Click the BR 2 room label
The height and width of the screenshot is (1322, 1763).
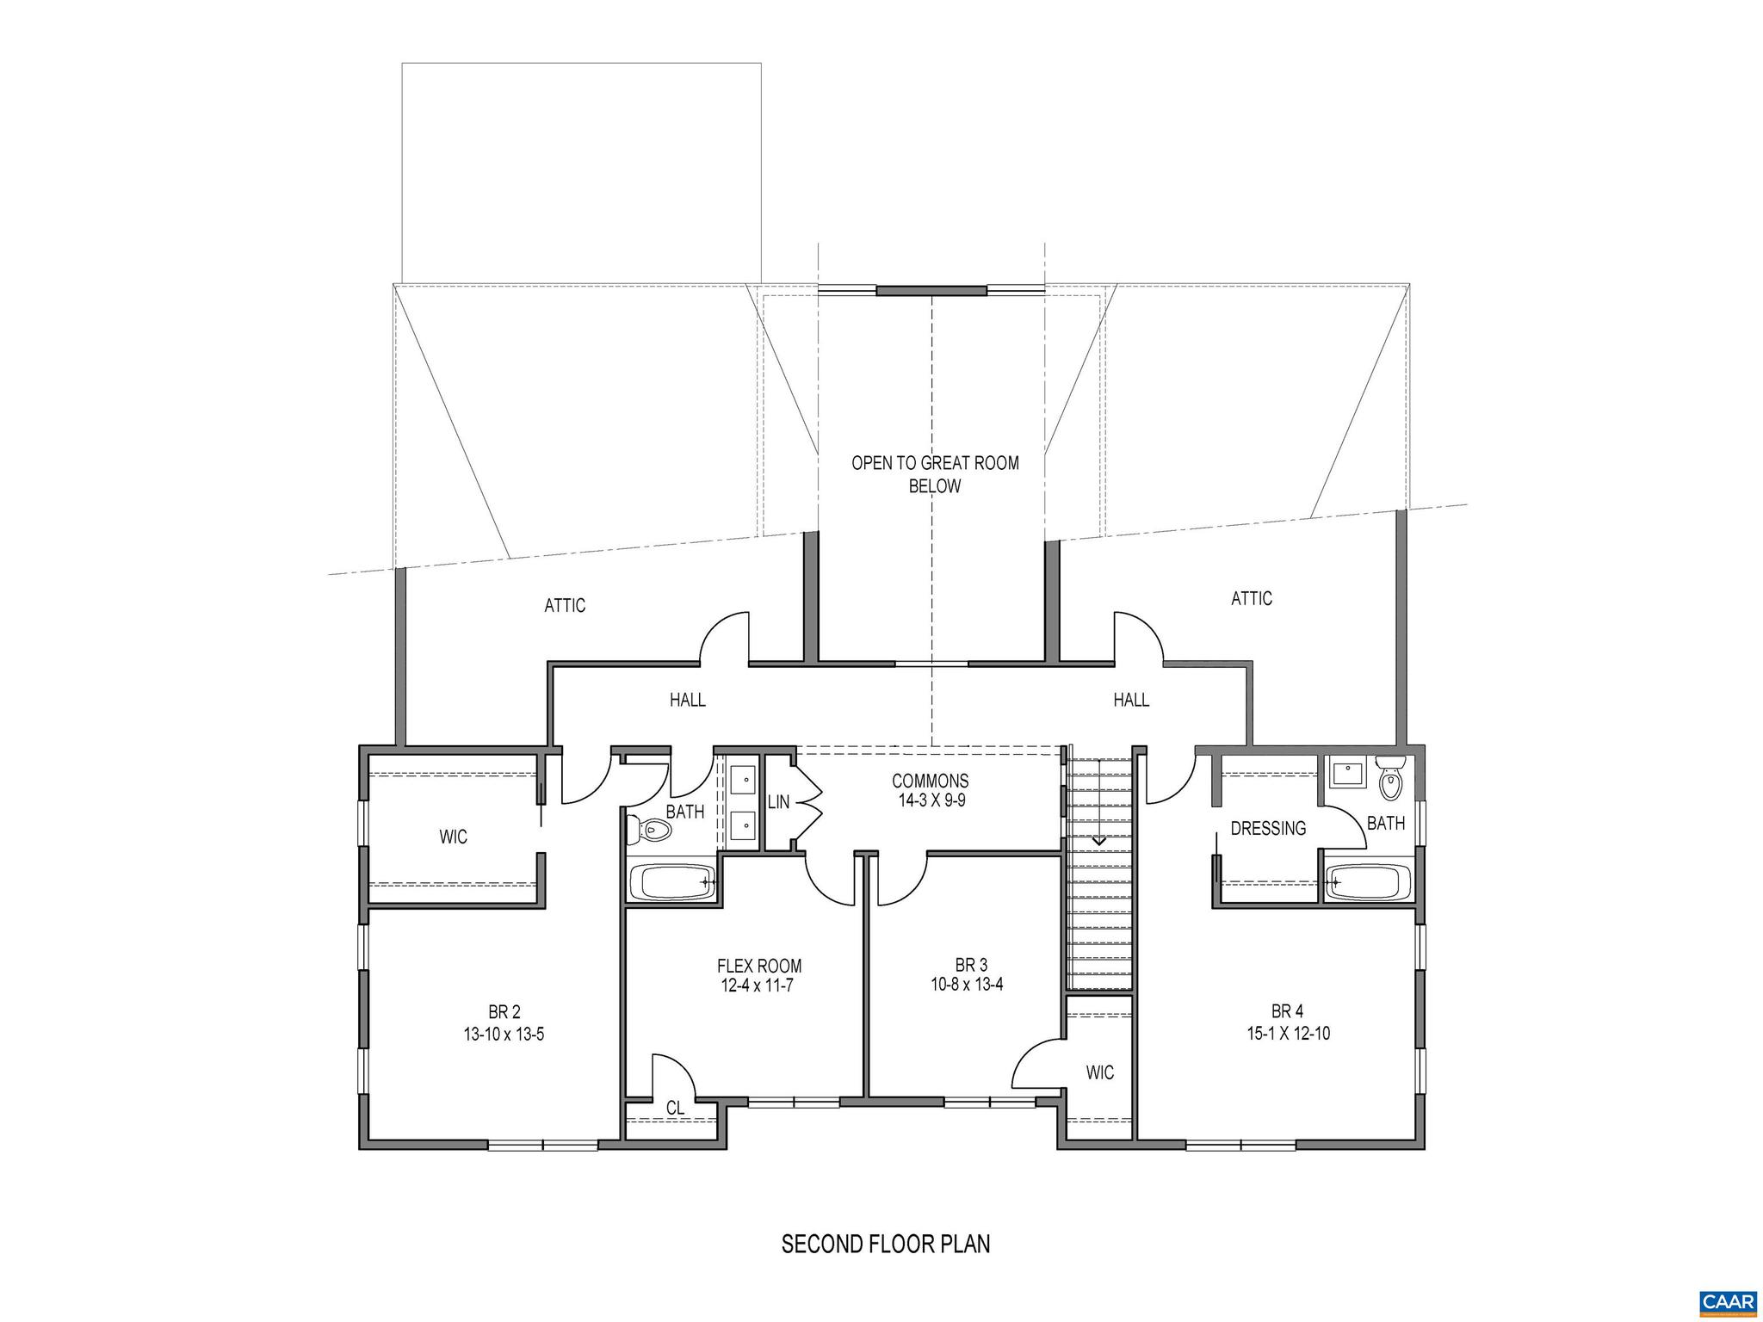[504, 1012]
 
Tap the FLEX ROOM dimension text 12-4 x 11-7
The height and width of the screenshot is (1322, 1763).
[757, 985]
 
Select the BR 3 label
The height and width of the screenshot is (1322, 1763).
[966, 963]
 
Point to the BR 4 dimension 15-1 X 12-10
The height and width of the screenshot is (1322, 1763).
[1288, 1034]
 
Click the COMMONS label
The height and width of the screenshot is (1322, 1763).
[930, 781]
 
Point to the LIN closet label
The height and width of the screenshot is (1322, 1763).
[778, 802]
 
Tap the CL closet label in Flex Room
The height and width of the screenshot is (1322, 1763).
[675, 1109]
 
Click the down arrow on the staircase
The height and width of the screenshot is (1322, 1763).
[1098, 837]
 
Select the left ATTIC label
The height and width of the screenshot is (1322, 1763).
[565, 606]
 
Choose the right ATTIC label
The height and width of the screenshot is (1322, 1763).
[1251, 598]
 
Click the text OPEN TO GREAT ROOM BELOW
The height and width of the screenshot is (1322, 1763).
[935, 474]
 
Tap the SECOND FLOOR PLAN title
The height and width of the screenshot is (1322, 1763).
[886, 1244]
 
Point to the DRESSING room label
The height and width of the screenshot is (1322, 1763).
[1268, 828]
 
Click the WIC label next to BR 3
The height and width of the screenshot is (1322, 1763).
[1099, 1072]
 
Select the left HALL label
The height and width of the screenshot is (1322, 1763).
[688, 700]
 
